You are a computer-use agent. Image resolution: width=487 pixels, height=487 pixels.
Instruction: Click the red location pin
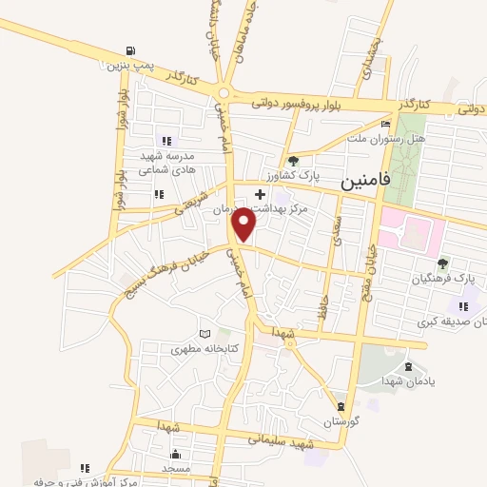(244, 224)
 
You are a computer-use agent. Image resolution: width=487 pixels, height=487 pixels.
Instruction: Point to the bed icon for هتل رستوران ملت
(384, 124)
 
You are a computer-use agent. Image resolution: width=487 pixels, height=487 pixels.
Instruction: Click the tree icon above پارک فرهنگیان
(441, 263)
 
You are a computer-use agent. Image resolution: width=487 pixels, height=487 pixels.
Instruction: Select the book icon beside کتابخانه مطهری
(205, 335)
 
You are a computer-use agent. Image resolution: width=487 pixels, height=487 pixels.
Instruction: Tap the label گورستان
(344, 420)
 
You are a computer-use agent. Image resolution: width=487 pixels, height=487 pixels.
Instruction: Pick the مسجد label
(177, 469)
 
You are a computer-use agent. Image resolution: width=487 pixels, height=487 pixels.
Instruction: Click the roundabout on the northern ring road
(224, 93)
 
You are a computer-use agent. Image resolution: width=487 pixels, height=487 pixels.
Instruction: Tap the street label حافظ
(323, 293)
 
